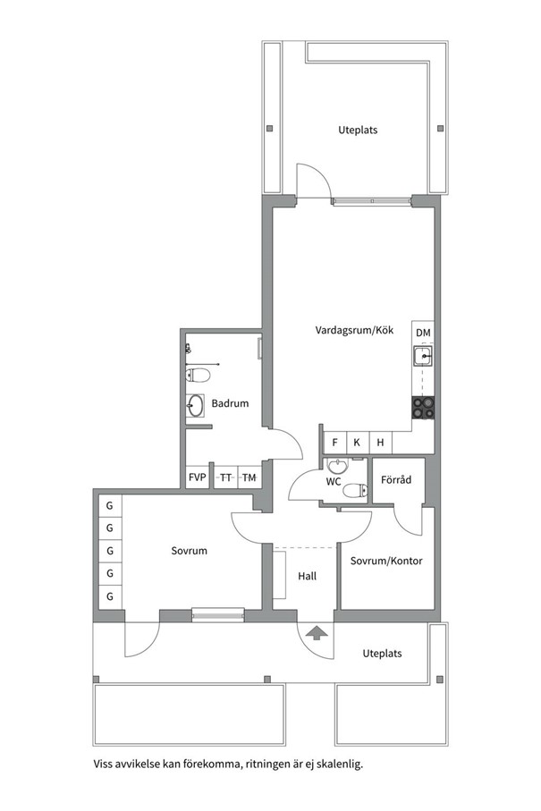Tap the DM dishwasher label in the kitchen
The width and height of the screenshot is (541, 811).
point(423,333)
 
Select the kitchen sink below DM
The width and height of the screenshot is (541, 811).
point(424,357)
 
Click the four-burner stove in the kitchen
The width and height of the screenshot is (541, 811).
point(424,407)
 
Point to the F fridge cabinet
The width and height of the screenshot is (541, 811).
point(334,443)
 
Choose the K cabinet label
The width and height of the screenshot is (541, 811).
point(357,443)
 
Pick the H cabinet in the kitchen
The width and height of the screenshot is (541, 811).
point(381,443)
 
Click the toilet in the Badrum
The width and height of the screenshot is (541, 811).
point(198,375)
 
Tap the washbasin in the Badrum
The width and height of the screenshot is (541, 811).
point(195,406)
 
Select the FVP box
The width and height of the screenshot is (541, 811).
point(197,477)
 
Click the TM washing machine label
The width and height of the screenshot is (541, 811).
point(249,477)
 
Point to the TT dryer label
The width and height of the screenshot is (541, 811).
point(225,477)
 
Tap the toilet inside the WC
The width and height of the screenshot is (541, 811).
point(356,490)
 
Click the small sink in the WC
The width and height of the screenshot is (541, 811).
point(338,466)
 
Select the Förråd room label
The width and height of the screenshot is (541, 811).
point(396,480)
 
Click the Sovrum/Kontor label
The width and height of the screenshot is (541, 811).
point(386,561)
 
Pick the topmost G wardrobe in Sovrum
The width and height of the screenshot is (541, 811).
point(110,505)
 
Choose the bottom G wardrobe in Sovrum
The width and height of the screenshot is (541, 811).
point(110,596)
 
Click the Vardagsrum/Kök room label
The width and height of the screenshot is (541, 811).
point(354,330)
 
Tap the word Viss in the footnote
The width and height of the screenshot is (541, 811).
point(103,764)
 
